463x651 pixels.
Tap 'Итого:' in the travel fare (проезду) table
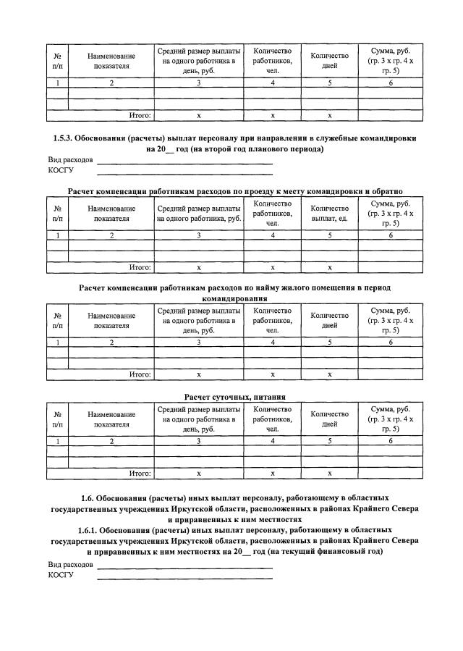[x=140, y=267]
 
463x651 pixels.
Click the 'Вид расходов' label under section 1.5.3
[x=70, y=159]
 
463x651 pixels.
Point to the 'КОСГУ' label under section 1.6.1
[x=61, y=575]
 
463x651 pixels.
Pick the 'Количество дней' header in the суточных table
[x=329, y=419]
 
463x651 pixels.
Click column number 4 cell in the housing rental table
[x=272, y=343]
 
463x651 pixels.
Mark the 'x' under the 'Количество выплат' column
[x=329, y=267]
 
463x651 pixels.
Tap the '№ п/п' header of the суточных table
[x=57, y=419]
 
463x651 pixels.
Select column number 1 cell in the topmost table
[x=57, y=84]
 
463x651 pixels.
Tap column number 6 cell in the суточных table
[x=390, y=441]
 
